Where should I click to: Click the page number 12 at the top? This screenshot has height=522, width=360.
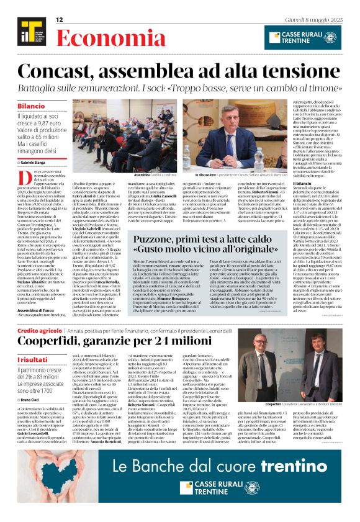click(x=60, y=20)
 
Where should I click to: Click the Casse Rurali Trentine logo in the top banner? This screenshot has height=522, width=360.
click(x=301, y=35)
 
